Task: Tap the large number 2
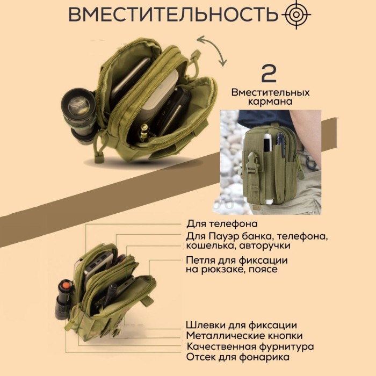(x=270, y=74)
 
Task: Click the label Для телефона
(x=222, y=223)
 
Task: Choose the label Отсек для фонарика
(x=238, y=357)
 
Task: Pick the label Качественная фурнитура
(x=250, y=346)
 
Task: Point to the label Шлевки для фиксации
(x=241, y=325)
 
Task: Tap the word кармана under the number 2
(x=270, y=102)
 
